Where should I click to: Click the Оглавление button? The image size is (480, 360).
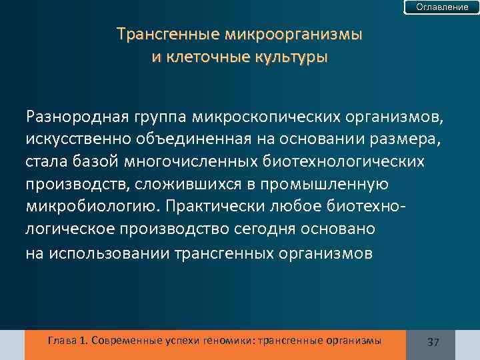[x=442, y=7]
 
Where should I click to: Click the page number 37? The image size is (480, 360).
[x=433, y=342]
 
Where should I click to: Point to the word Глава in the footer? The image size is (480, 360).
[x=62, y=341]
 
